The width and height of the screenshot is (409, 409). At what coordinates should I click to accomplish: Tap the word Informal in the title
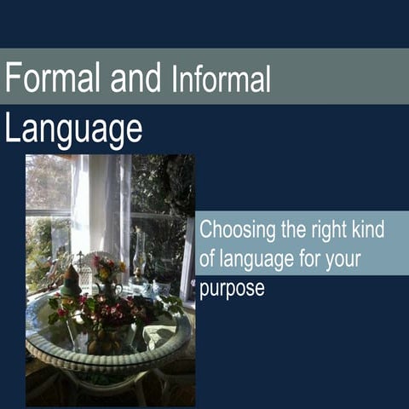point(221,79)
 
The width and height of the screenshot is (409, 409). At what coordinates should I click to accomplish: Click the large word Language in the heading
point(73,130)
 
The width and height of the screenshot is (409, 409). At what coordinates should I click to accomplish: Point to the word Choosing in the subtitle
point(233,231)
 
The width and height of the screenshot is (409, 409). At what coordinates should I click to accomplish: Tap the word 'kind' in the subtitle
point(368,230)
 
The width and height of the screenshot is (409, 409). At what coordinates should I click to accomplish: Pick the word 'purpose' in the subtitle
point(232,290)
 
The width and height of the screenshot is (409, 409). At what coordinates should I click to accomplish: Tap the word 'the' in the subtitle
point(288,230)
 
